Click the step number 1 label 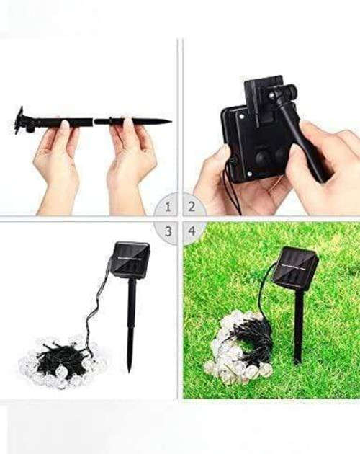[x=168, y=208]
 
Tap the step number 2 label [x=192, y=208]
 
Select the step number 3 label [x=168, y=231]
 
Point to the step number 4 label [x=192, y=231]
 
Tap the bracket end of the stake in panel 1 [x=19, y=122]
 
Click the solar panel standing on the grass [x=297, y=268]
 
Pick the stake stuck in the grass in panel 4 [x=298, y=324]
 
